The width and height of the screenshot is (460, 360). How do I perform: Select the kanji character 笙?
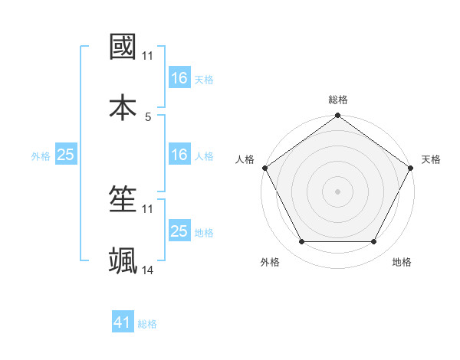coord(123,201)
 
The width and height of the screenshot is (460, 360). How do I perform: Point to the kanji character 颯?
coord(123,260)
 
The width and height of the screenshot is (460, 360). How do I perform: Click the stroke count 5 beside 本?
coord(148,116)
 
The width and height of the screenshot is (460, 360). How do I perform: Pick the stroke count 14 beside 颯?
coord(148,270)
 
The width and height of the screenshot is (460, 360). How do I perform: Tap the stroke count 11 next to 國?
coord(148,56)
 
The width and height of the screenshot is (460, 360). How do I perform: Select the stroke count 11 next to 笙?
coord(148,209)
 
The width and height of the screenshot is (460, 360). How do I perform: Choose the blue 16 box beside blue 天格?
coord(179,78)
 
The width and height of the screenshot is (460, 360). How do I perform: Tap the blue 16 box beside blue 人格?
coord(179,155)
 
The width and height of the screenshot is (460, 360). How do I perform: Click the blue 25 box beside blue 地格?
coord(179,231)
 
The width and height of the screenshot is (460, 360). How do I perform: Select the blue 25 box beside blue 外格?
coord(65,155)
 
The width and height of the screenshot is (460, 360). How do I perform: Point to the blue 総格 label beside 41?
coord(147,324)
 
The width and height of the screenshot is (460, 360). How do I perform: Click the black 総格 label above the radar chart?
coord(338,100)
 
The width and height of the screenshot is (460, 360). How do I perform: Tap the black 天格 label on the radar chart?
coord(432,159)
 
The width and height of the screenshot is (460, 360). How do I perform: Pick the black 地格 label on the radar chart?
coord(402,262)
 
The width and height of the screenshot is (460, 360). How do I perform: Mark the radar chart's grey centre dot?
coord(338,191)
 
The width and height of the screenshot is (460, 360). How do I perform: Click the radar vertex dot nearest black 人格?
coord(264,167)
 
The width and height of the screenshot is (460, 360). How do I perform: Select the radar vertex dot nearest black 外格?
coord(301,242)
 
